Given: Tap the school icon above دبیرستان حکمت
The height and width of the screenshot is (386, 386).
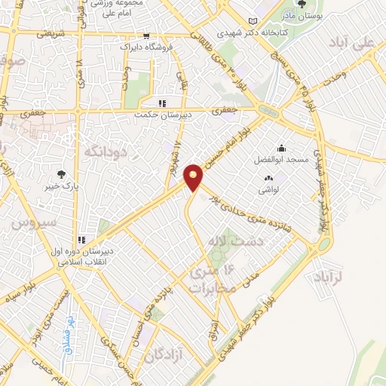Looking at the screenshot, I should pyautogui.click(x=161, y=104).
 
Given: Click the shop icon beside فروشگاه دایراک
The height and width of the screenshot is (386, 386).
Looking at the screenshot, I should pyautogui.click(x=146, y=35).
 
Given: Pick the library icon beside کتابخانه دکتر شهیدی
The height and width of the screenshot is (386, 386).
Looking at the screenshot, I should pyautogui.click(x=252, y=21).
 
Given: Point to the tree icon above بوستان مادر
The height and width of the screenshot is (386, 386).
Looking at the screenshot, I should pyautogui.click(x=302, y=5).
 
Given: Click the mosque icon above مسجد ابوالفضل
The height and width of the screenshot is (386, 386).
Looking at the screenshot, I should pyautogui.click(x=281, y=148).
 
